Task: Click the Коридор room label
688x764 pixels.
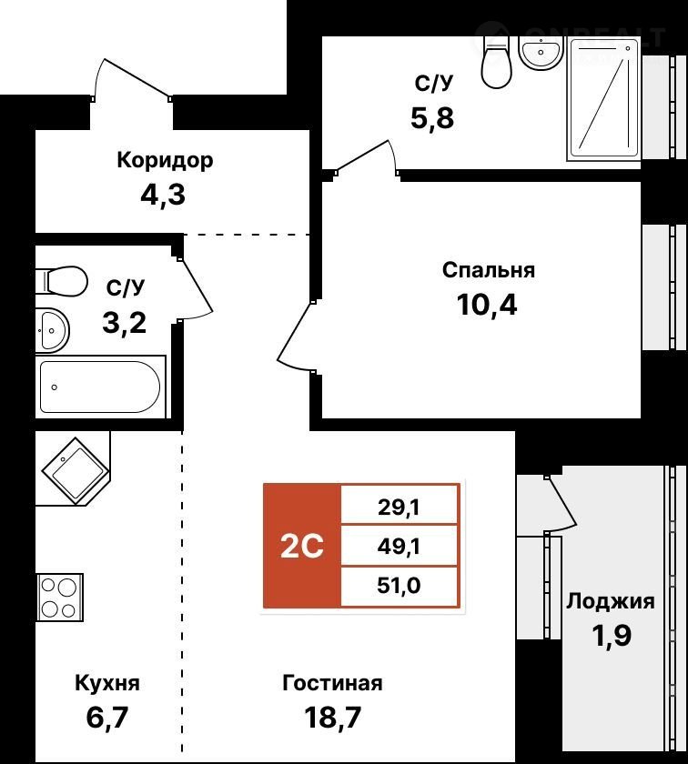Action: (165, 161)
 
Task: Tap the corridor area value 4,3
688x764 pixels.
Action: (163, 195)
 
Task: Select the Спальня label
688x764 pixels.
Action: (489, 270)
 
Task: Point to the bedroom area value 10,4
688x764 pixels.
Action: (487, 305)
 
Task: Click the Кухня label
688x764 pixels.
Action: (107, 683)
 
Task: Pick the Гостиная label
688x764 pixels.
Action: (332, 683)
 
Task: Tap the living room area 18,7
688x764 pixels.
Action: (332, 718)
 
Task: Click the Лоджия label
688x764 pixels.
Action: (611, 601)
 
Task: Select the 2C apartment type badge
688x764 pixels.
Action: (302, 547)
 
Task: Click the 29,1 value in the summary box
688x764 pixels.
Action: (399, 508)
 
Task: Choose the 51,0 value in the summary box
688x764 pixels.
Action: (399, 585)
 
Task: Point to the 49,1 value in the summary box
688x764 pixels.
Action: (399, 547)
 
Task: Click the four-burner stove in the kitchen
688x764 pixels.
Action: (60, 597)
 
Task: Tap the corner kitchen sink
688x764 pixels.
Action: (76, 471)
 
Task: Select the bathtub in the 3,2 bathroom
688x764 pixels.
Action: (100, 387)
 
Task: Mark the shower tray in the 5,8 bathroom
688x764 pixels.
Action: (603, 99)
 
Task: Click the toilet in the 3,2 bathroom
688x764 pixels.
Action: (62, 280)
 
